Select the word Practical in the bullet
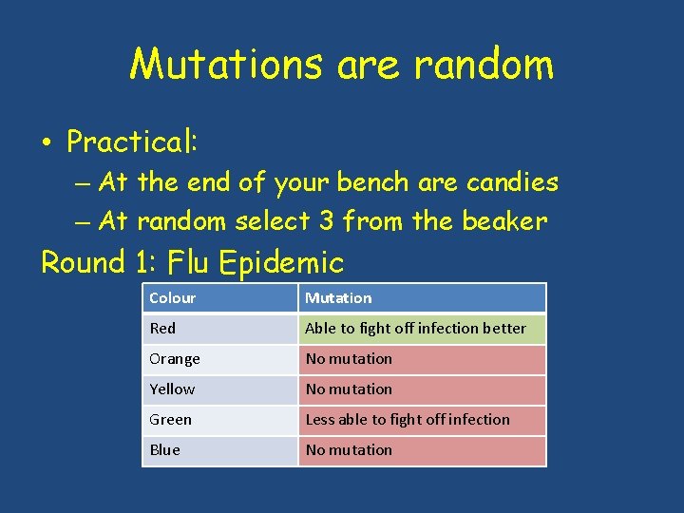[131, 142]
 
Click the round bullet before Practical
[47, 143]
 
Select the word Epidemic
[282, 261]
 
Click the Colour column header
[172, 298]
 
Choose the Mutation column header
[338, 298]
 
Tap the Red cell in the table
[162, 329]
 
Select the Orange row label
[175, 359]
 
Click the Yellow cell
[172, 389]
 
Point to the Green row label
[170, 420]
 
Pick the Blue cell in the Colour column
[164, 450]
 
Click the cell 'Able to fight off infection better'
[415, 329]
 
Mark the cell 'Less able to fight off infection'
[408, 420]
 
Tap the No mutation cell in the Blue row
[349, 450]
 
